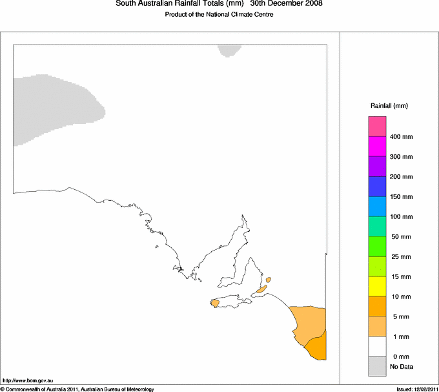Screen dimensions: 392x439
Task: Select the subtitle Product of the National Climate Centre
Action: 219,15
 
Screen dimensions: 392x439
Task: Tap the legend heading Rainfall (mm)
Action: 389,105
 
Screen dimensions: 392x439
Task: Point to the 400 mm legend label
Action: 401,137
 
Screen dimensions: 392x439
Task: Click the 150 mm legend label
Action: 401,197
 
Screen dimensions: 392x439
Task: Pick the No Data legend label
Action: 401,367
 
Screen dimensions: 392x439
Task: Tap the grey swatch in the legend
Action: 377,367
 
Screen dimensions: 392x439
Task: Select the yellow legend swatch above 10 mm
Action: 377,286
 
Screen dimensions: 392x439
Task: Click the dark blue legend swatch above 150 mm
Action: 377,187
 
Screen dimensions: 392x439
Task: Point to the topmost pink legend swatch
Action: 377,127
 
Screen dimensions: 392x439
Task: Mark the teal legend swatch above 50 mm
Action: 377,227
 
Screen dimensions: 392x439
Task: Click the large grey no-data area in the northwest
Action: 52,107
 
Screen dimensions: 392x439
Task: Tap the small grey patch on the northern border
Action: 229,50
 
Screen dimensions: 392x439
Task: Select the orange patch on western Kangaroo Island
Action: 216,302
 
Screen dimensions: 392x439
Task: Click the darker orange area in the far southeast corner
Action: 318,347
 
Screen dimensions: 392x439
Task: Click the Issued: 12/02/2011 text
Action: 417,389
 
